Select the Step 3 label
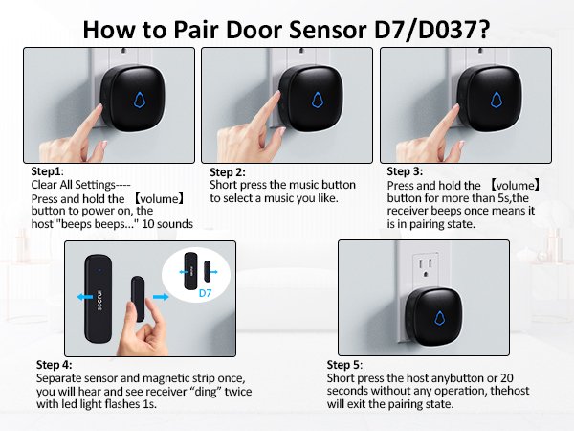[x=406, y=172]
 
